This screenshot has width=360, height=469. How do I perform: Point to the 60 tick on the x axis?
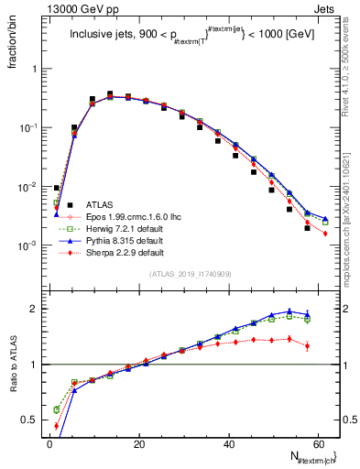coord(317,442)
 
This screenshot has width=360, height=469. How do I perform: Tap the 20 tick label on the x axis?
coord(138,442)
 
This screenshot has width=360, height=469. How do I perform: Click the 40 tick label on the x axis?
coord(228,442)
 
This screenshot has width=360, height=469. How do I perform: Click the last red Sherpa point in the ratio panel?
coord(307,345)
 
